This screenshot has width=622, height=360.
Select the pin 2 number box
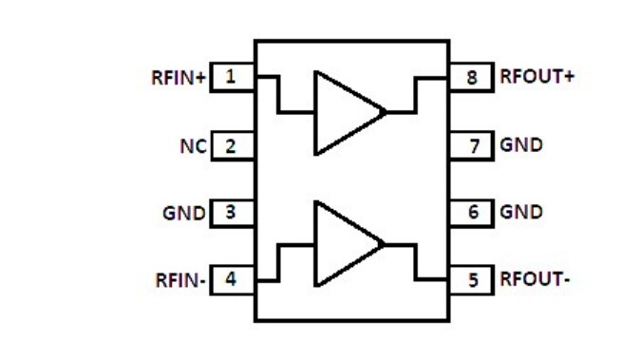pos(232,146)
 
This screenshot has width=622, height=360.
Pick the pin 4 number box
pos(232,280)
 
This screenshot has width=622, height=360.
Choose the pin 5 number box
pos(473,280)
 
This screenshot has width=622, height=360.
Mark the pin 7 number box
pos(473,146)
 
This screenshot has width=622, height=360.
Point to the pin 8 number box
pos(473,77)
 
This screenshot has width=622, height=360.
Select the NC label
pos(193,147)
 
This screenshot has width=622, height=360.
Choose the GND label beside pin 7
pos(521,146)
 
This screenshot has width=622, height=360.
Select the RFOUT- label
pos(535,281)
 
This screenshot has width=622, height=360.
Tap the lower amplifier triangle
pos(342,244)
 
